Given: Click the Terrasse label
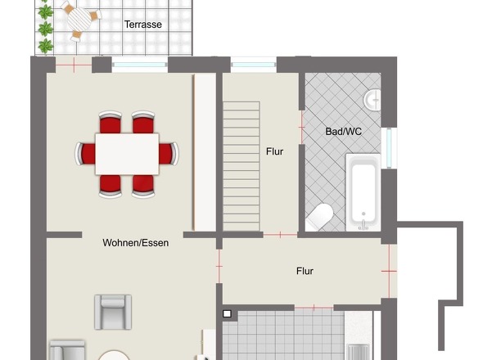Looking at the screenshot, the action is [143, 25].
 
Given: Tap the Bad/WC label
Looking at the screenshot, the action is [343, 132].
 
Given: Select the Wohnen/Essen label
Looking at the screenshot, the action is [136, 243].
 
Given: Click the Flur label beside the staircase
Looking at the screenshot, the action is [274, 151].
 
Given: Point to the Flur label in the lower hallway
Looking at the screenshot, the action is [305, 271].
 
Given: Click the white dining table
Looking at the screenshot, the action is [127, 154].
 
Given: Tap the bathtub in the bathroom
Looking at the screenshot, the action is [363, 192].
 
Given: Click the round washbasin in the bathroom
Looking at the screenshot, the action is [372, 100].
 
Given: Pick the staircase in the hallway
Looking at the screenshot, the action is [241, 166].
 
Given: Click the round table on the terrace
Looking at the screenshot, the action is [79, 19].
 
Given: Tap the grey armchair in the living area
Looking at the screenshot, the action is [113, 312].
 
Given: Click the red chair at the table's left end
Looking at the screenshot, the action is [85, 154].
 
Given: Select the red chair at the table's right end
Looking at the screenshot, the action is [169, 154].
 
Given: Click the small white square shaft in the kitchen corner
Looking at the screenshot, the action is [227, 314].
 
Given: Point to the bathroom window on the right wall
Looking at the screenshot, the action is [389, 148].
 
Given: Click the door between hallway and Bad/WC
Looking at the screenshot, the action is [301, 127].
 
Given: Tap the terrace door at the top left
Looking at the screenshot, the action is [74, 65].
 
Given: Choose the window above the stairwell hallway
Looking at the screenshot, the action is [254, 65].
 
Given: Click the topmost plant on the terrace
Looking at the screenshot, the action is [46, 12].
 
